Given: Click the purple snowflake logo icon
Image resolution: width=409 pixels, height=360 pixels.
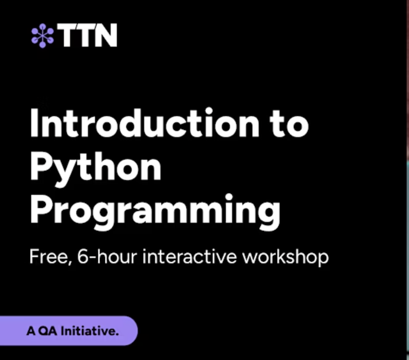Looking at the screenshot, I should tap(42, 36).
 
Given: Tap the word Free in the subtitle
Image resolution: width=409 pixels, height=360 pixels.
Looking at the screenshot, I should tap(48, 257).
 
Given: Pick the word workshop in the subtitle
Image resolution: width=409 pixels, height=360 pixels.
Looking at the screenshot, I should tap(285, 258).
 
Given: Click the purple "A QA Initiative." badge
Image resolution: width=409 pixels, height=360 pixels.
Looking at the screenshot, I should tap(70, 331).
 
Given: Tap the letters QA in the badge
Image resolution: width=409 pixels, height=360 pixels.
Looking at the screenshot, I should tap(47, 332).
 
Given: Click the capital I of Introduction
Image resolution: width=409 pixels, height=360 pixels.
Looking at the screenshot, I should tap(34, 123).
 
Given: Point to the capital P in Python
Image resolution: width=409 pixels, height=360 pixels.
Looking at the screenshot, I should tap(41, 167).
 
